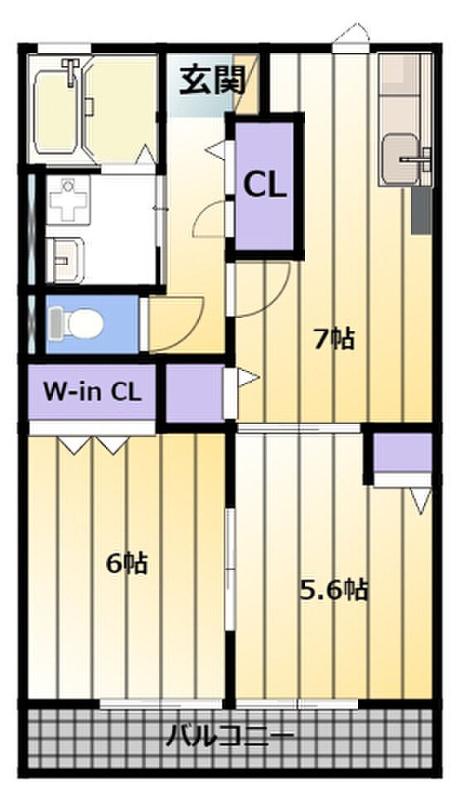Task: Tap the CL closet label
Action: (x=265, y=185)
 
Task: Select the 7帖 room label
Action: (x=334, y=339)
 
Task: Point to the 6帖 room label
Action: (x=127, y=563)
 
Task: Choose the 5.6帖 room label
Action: (x=333, y=590)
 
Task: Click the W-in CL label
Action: (x=92, y=392)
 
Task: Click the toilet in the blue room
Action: (x=76, y=323)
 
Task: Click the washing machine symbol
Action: (x=69, y=200)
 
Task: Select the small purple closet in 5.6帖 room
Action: (x=403, y=452)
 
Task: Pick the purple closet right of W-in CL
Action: (x=195, y=393)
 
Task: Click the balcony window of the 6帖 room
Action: (x=161, y=704)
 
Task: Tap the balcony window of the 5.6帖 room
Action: (x=297, y=704)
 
